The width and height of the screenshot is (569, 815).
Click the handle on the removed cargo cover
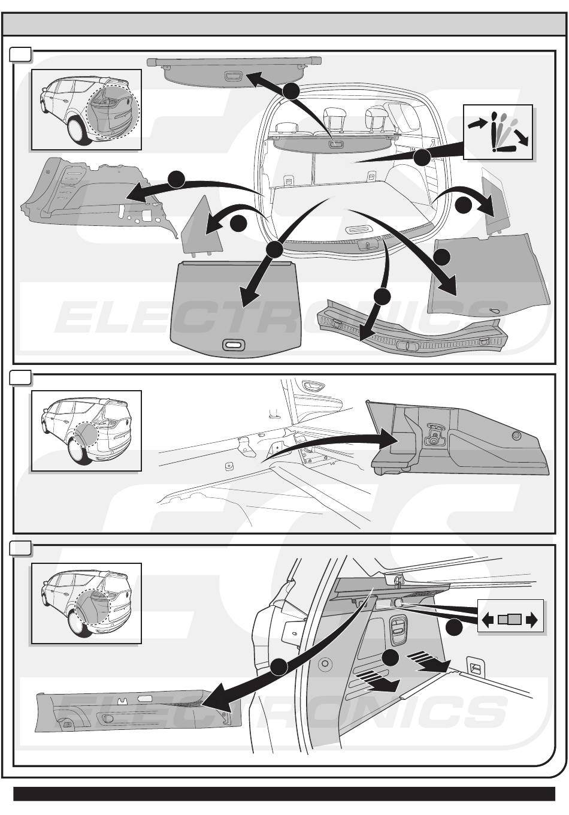[x=233, y=76]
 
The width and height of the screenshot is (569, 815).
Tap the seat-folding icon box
[x=498, y=132]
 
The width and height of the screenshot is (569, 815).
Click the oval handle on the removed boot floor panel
[x=234, y=345]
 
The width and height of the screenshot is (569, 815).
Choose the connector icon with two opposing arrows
[x=510, y=620]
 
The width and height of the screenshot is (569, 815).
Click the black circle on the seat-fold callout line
[x=422, y=158]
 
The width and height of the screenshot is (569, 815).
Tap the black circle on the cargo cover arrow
[x=291, y=91]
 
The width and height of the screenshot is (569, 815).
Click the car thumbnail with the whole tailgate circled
[x=86, y=109]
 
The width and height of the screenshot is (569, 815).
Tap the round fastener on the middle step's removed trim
[x=516, y=436]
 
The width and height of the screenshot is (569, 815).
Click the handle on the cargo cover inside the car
[x=335, y=144]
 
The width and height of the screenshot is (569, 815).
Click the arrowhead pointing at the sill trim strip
[x=364, y=334]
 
